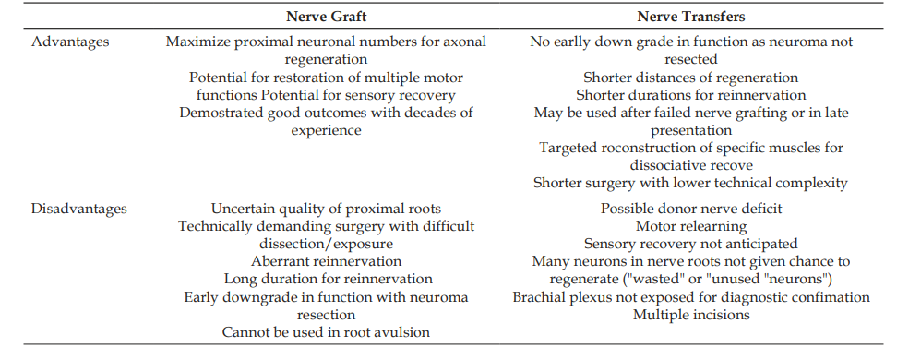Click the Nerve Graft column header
pyautogui.click(x=326, y=17)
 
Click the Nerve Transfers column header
pyautogui.click(x=691, y=17)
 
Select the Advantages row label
pyautogui.click(x=70, y=42)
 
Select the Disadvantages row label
pyautogui.click(x=79, y=209)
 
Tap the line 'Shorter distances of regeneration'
pyautogui.click(x=690, y=78)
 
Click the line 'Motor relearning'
pyautogui.click(x=691, y=227)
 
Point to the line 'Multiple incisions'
pyautogui.click(x=691, y=315)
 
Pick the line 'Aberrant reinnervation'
pyautogui.click(x=326, y=261)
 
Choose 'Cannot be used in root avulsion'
pyautogui.click(x=326, y=332)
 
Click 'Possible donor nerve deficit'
pyautogui.click(x=691, y=209)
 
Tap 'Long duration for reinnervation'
pyautogui.click(x=329, y=280)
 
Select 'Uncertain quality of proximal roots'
pyautogui.click(x=326, y=209)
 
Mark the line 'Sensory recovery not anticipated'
pyautogui.click(x=690, y=244)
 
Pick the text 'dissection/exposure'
pyautogui.click(x=326, y=245)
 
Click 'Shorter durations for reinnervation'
pyautogui.click(x=691, y=95)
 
